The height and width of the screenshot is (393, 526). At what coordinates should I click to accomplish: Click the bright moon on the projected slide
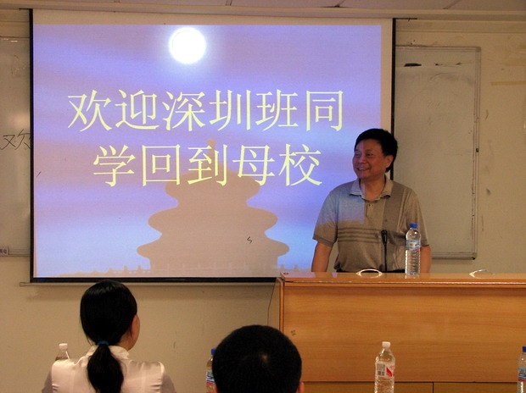(187, 46)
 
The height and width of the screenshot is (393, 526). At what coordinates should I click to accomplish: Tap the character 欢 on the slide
(90, 111)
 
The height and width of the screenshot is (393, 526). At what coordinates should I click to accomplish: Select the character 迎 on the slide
(138, 110)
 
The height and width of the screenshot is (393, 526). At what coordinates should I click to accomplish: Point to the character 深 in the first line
(184, 111)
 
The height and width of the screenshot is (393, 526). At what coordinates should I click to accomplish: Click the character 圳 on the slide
(230, 110)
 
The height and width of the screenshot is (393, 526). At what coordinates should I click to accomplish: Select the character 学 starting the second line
(114, 165)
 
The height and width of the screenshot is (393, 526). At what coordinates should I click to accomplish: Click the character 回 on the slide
(161, 165)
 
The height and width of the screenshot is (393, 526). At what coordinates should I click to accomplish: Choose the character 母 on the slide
(254, 165)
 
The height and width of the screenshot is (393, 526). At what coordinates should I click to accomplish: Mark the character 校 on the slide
(300, 165)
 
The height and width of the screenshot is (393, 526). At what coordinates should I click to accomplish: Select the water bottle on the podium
(412, 250)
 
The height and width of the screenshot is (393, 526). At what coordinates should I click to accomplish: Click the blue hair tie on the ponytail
(103, 343)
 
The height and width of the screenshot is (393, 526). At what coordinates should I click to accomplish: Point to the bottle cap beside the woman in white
(63, 346)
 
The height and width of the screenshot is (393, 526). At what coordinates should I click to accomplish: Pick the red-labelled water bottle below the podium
(385, 368)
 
